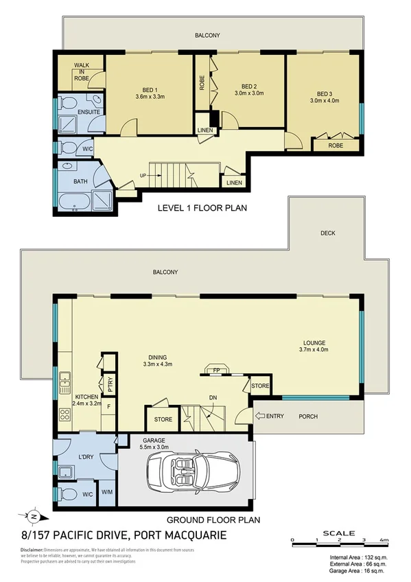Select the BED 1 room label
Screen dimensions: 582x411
coord(150,93)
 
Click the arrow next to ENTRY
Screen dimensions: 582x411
coord(260,416)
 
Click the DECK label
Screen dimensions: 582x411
coord(328,233)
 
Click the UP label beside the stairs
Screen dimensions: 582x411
coord(143,175)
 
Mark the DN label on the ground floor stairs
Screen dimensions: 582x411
coord(213,397)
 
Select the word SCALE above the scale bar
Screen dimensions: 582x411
coord(340,533)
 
